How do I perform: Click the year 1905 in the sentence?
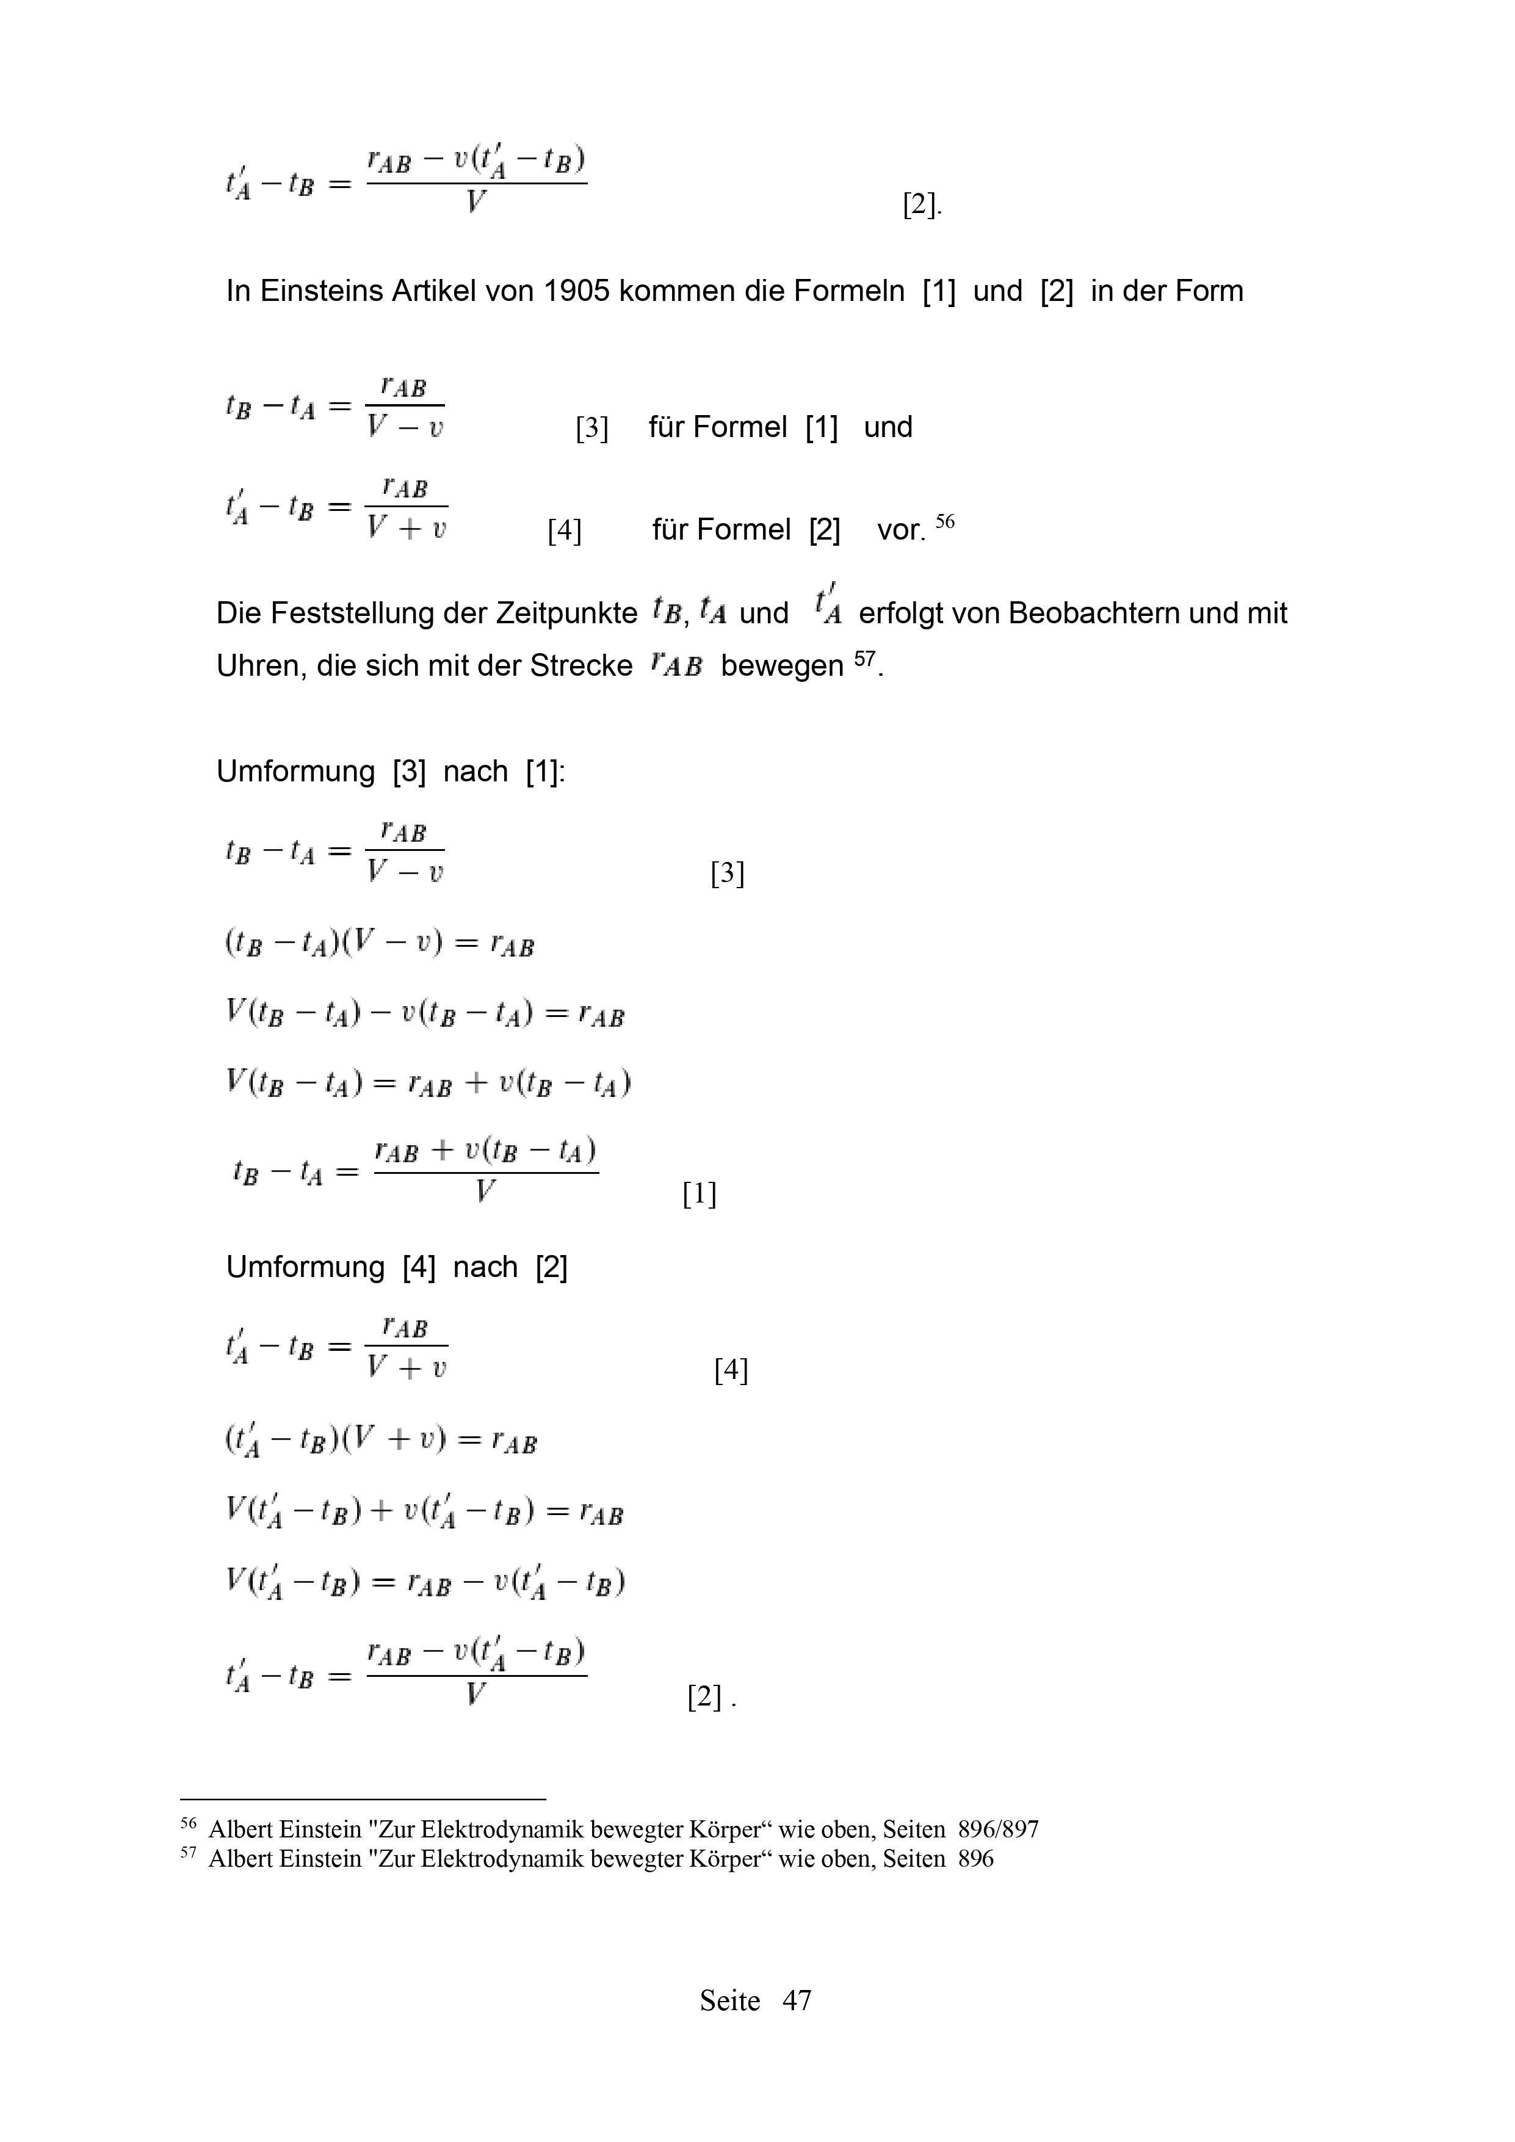pyautogui.click(x=576, y=292)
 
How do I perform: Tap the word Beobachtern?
pyautogui.click(x=1091, y=614)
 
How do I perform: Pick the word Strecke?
pyautogui.click(x=581, y=666)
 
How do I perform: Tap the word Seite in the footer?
pyautogui.click(x=729, y=2000)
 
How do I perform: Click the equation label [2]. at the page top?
pyautogui.click(x=922, y=204)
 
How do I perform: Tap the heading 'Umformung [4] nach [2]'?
pyautogui.click(x=397, y=1267)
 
